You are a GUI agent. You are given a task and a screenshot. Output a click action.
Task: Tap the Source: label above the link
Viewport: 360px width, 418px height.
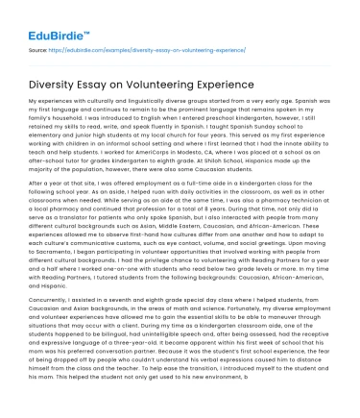pyautogui.click(x=39, y=47)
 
